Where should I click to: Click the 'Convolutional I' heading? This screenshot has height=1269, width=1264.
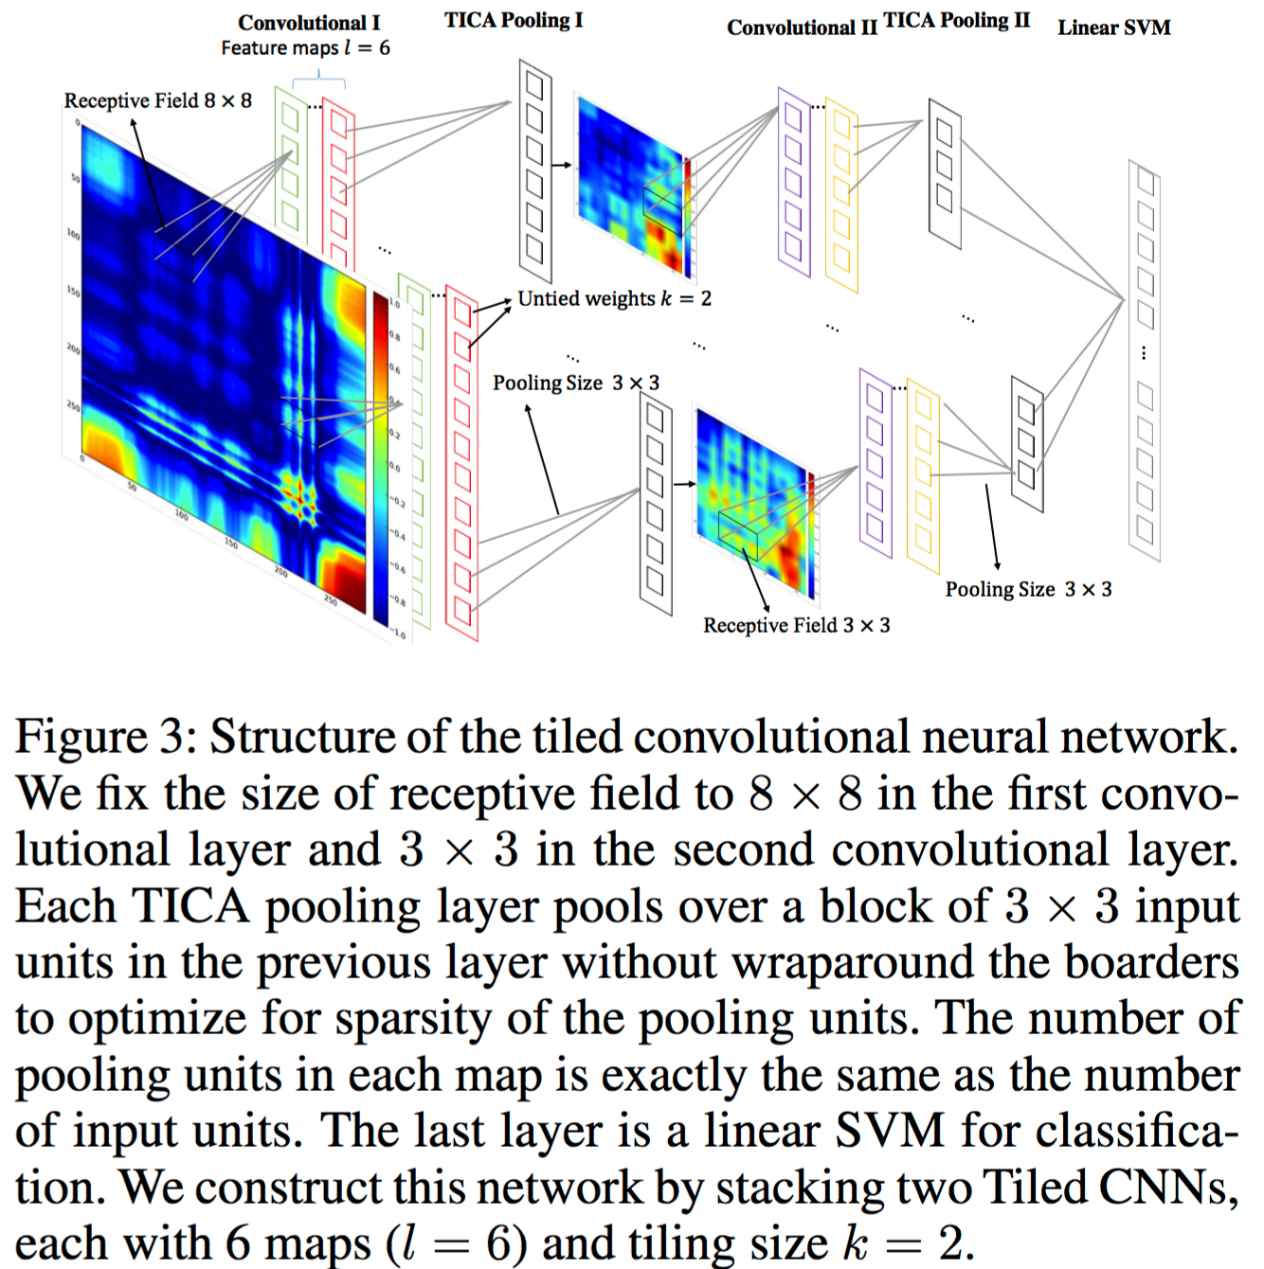309,23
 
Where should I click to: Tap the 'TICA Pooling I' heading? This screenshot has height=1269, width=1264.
514,20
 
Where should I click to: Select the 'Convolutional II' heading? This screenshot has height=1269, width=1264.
802,27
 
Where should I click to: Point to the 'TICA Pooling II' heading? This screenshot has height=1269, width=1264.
956,21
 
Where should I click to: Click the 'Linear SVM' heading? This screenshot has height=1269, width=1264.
1113,27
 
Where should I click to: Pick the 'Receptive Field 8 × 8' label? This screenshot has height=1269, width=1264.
157,100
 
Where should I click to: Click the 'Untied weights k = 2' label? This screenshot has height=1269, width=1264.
614,298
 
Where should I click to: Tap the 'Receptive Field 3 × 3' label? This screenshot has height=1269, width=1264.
796,625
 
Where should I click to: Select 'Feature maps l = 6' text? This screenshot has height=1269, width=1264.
305,48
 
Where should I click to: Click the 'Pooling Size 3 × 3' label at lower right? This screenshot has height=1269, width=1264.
1028,589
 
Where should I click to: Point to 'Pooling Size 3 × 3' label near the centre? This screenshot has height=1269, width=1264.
575,383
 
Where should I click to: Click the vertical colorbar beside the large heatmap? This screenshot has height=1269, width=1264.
380,459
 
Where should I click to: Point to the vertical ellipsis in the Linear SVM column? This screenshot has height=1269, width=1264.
1144,353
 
